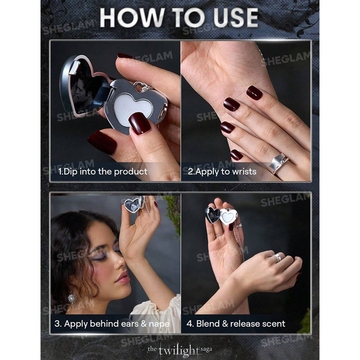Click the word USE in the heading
tap(235, 18)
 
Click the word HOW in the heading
tap(132, 18)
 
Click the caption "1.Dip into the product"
tap(103, 171)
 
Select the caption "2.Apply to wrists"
tap(222, 171)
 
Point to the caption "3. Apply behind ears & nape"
tap(112, 324)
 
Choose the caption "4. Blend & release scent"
tap(236, 324)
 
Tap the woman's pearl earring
tap(72, 298)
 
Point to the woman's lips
tap(123, 277)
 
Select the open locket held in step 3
tap(134, 204)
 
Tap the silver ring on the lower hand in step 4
tap(277, 257)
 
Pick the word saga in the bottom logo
tap(206, 350)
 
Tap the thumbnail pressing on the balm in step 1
tap(140, 123)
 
